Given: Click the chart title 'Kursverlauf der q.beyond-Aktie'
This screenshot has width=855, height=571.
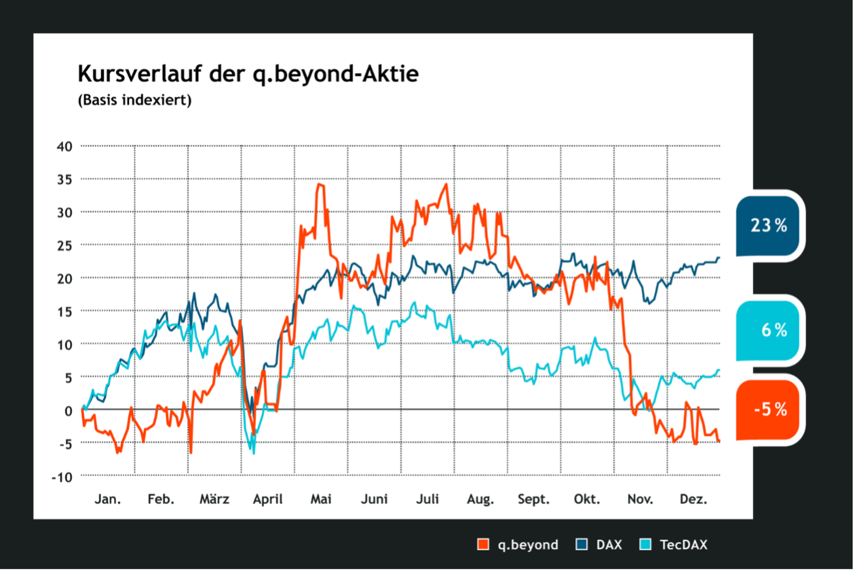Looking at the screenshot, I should (248, 74).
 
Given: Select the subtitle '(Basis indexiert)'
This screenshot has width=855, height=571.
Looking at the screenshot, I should (134, 100).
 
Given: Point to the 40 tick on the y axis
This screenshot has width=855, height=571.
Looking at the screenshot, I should (65, 146).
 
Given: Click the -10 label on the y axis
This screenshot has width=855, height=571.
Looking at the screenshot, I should (62, 477).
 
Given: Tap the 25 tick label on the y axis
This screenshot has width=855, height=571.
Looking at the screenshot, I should (65, 246).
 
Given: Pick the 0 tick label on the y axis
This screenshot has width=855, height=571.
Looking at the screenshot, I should (68, 410).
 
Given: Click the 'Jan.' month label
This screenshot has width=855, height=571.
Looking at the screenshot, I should (108, 499).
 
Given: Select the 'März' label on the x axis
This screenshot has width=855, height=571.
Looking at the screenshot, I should (214, 499).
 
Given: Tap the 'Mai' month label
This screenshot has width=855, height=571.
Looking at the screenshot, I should (320, 499).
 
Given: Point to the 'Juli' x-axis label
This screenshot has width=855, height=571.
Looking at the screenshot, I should (427, 499).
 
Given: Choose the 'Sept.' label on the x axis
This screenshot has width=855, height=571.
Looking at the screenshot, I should (533, 499).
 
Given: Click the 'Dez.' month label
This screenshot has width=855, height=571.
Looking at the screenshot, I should (693, 499).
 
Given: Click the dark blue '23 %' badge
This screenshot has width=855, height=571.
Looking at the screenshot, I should (768, 225).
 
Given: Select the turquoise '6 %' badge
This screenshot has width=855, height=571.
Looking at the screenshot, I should (768, 330).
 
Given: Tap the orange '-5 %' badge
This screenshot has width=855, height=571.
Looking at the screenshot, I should (768, 409).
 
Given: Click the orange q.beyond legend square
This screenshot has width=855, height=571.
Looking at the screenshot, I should (483, 545).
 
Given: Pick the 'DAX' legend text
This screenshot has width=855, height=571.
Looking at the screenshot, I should (609, 545).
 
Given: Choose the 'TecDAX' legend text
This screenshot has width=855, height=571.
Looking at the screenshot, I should (683, 545).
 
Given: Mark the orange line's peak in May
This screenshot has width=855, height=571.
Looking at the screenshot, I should (320, 184).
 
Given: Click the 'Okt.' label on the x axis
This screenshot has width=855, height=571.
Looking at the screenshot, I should (587, 499).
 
